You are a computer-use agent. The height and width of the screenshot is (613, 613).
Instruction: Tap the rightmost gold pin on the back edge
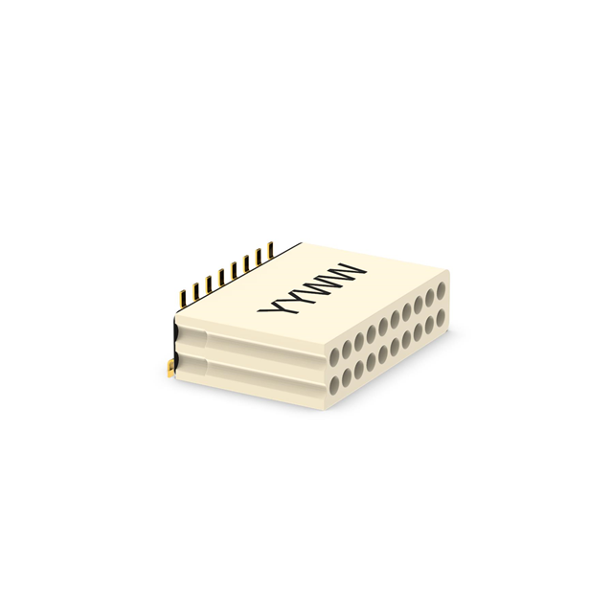tap(269, 251)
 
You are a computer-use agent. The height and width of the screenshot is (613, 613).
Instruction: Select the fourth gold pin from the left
tap(221, 277)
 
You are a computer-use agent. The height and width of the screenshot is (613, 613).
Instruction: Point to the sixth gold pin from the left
tap(246, 263)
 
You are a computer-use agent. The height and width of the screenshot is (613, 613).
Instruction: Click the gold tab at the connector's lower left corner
tap(170, 369)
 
